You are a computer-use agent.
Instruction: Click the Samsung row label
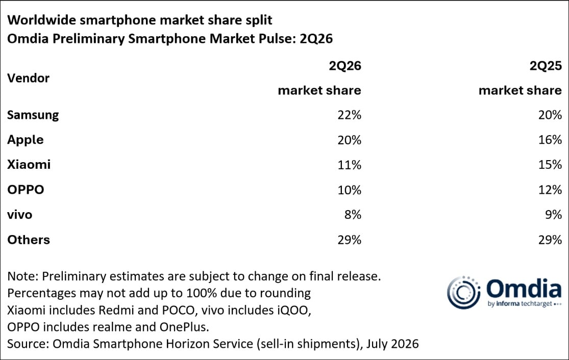point(33,115)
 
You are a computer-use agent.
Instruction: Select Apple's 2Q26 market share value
point(350,140)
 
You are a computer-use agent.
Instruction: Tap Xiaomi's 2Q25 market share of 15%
point(550,165)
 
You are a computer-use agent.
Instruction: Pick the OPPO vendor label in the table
point(26,190)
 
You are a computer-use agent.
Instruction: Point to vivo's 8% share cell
point(353,215)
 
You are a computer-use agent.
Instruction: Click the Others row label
point(29,240)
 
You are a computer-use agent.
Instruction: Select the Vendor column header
point(28,78)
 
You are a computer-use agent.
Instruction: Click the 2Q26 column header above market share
point(345,66)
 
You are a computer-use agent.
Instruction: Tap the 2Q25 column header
point(546,66)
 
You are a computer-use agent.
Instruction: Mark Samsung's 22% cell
point(350,115)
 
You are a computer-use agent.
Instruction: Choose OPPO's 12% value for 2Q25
point(550,190)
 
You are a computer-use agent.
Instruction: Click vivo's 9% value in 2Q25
point(553,215)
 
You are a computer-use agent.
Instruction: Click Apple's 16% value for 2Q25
point(550,140)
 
